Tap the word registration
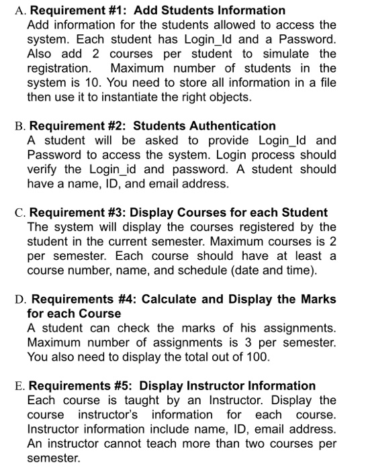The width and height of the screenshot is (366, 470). [58, 68]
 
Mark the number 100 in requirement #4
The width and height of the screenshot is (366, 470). [257, 357]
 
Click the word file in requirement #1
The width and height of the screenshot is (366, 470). [325, 83]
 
